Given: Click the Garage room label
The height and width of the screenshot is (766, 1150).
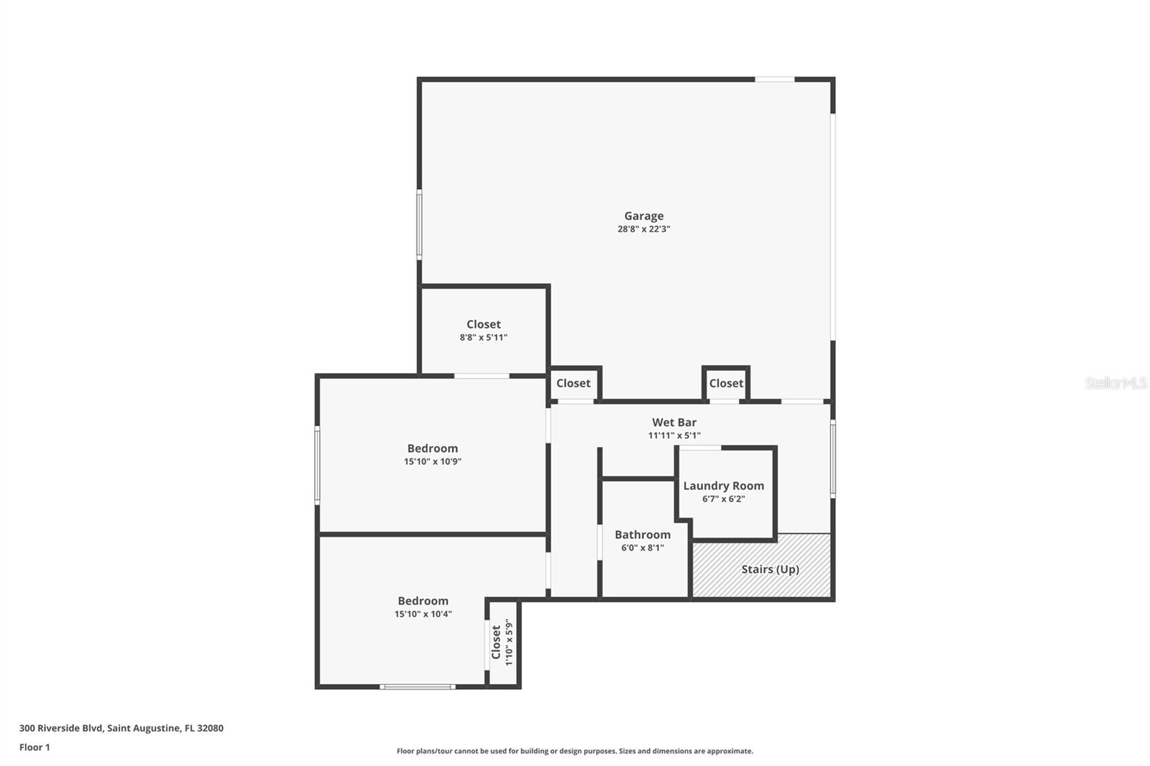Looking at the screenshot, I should [x=643, y=216].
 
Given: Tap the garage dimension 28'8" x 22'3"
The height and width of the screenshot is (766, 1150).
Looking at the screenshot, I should [x=643, y=229].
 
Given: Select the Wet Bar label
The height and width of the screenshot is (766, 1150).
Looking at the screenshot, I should [x=673, y=423].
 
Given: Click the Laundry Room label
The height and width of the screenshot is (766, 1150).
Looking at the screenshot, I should [x=723, y=486].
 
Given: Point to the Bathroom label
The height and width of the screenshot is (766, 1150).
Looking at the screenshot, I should [x=642, y=535].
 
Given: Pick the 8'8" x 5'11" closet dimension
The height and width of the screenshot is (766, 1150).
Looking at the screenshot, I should [x=483, y=337].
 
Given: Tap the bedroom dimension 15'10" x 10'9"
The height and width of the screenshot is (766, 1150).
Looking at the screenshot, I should [x=432, y=461].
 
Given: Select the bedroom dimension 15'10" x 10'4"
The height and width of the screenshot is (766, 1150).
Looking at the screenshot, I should [x=423, y=614].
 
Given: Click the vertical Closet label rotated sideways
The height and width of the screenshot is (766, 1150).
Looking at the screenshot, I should [x=496, y=642].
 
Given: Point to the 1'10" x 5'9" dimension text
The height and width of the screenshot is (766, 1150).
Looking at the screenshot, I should [x=509, y=642].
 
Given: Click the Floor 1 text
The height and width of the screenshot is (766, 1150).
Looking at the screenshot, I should [x=34, y=747].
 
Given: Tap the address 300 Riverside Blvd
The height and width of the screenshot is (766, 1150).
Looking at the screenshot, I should [x=121, y=728].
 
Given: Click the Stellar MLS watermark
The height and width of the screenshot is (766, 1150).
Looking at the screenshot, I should [x=1115, y=383].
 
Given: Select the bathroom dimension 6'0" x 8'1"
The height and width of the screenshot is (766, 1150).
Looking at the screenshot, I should [x=642, y=548].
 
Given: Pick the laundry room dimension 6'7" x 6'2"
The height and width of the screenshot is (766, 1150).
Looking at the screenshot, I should [x=723, y=499].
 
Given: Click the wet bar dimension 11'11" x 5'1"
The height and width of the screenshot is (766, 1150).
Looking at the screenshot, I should [x=673, y=435].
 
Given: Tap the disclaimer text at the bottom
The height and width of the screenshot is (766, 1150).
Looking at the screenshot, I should [x=574, y=751].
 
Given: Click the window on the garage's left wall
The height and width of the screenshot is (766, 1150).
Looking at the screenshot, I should [x=419, y=224].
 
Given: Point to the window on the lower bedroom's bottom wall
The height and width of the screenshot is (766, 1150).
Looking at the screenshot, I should [x=417, y=687].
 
